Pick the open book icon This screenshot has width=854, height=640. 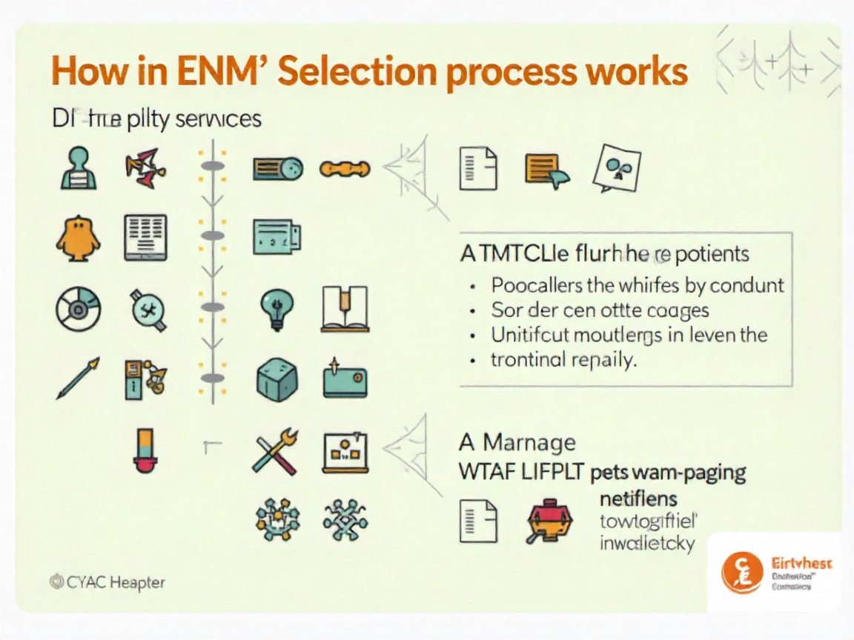tap(345, 309)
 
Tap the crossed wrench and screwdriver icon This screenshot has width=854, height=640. tap(275, 451)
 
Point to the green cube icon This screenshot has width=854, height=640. tap(276, 380)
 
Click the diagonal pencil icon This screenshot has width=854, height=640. tap(78, 379)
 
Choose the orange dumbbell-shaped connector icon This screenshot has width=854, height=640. tap(344, 169)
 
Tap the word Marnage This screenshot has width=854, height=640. tap(529, 443)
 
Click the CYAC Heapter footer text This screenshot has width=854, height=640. tap(107, 582)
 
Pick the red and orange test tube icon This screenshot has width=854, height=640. tap(142, 450)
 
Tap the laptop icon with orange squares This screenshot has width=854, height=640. tap(345, 453)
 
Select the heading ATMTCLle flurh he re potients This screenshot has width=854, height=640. tap(604, 255)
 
